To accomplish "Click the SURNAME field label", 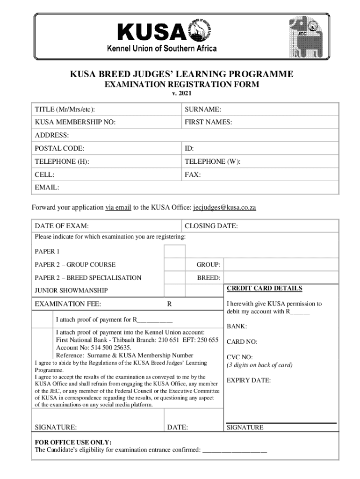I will click(x=202, y=109).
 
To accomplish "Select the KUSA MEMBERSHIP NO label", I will click(x=75, y=122).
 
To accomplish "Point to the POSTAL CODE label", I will click(x=59, y=148).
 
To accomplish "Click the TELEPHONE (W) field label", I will click(x=212, y=161).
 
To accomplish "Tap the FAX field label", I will click(x=193, y=174).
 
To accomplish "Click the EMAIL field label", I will click(x=47, y=188).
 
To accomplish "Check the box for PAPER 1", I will click(x=174, y=252).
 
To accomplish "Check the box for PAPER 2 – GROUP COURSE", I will click(x=174, y=265).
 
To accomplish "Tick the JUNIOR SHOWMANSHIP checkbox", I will click(x=174, y=290).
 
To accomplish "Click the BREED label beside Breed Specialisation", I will click(x=208, y=278).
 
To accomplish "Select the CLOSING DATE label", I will click(x=211, y=226).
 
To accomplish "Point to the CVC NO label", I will click(x=239, y=357).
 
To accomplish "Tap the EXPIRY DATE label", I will click(x=248, y=380).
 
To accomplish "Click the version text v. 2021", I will click(x=180, y=93).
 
